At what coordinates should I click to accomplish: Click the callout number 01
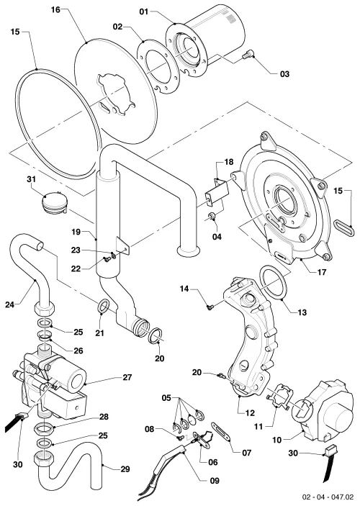pos(144,12)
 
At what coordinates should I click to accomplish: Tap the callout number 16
pos(55,9)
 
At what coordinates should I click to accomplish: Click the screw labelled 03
pos(247,55)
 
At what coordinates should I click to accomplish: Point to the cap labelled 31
pos(55,203)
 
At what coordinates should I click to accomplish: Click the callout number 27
pos(127,377)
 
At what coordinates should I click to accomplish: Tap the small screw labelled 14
pos(210,307)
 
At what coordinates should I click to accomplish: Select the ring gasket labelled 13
pos(274,282)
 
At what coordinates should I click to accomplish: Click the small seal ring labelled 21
pos(103,304)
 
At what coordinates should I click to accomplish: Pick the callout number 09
pos(215,481)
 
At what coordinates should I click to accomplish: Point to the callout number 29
pos(125,469)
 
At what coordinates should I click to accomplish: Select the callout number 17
pos(322,272)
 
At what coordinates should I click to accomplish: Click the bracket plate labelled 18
pos(217,193)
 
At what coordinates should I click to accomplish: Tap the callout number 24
pos(9,304)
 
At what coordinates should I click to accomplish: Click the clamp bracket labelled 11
pos(279,397)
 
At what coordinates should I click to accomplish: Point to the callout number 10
pos(277,440)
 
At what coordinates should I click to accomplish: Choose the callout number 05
pos(166,398)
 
